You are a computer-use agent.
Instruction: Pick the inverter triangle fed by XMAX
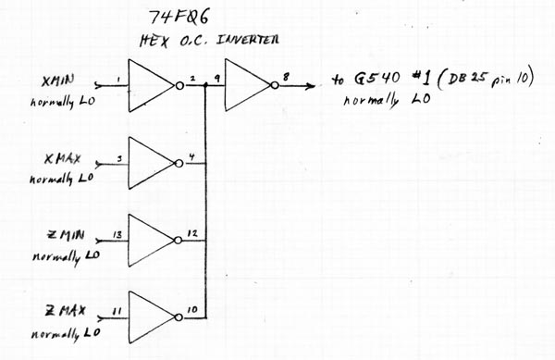150,163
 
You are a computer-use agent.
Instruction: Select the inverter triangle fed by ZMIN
150,240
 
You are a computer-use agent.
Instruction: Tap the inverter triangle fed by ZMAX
150,317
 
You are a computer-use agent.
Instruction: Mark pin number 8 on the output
286,77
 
